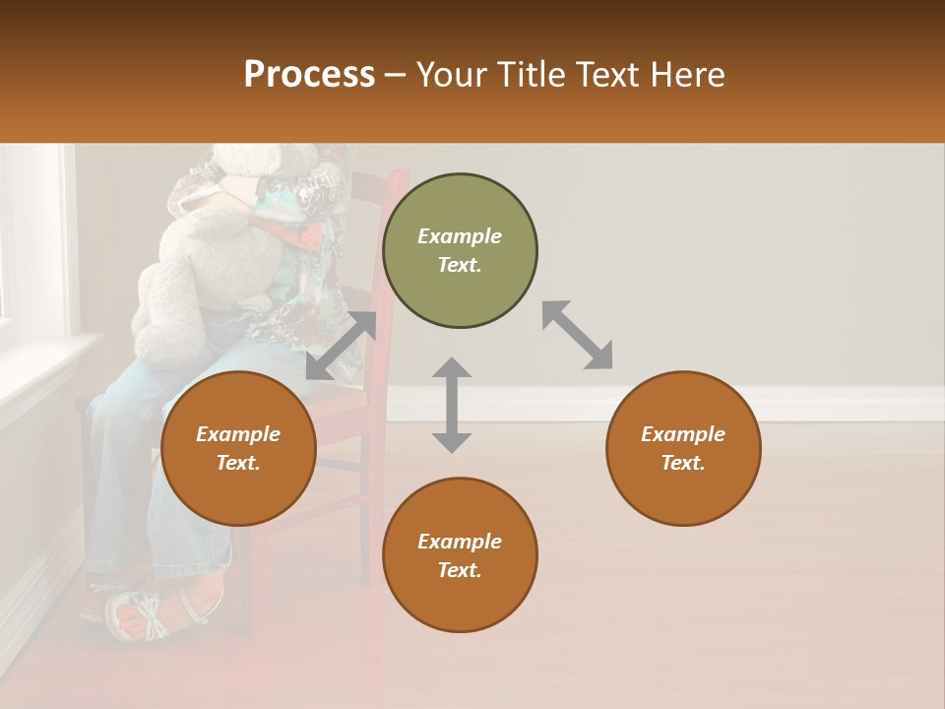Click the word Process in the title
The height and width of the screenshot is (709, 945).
click(309, 75)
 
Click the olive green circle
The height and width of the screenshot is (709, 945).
click(460, 251)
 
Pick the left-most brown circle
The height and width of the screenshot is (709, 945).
click(238, 448)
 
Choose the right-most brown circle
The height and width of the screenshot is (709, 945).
click(683, 448)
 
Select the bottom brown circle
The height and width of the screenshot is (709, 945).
click(460, 555)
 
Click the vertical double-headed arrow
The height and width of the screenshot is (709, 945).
click(452, 405)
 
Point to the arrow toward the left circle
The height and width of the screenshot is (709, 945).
click(341, 346)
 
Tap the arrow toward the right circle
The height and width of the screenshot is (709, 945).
click(578, 335)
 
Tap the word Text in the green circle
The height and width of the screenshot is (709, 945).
click(459, 265)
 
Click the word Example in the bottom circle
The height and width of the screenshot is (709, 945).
click(460, 542)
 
